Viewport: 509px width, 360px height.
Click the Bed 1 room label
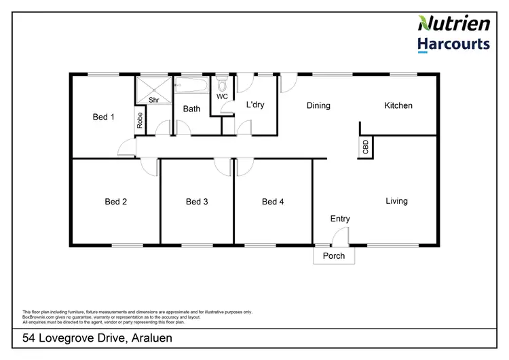[x=103, y=118]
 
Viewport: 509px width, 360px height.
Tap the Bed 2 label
[x=116, y=202]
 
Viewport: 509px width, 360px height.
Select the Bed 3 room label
[x=197, y=202]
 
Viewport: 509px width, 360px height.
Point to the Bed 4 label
[x=273, y=202]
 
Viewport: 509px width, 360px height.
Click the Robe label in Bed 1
[x=140, y=120]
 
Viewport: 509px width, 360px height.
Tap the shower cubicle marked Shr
[x=153, y=90]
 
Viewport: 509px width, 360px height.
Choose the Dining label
[x=318, y=105]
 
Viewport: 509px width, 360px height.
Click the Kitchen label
[x=398, y=105]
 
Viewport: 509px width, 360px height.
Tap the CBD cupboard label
[x=366, y=147]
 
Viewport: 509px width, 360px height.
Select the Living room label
[x=397, y=201]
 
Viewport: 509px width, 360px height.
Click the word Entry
[x=340, y=219]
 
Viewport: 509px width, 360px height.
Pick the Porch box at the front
[x=333, y=256]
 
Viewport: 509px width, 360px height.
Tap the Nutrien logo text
[x=453, y=24]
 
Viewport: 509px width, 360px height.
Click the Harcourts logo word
[x=453, y=45]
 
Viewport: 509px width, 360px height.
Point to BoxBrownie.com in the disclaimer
[x=37, y=317]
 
